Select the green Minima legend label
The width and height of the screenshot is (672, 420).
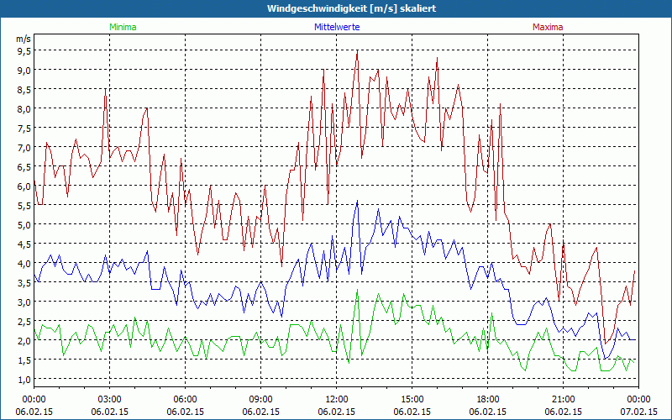[122, 27]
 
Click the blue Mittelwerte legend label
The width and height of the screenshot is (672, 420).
[337, 27]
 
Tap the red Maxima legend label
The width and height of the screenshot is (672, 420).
[548, 27]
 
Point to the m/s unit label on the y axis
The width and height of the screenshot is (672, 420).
[23, 38]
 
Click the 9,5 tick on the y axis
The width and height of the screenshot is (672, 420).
[24, 50]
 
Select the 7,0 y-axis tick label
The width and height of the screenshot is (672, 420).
[24, 147]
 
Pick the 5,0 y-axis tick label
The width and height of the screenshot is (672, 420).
[24, 224]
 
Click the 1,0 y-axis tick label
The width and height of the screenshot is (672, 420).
[24, 379]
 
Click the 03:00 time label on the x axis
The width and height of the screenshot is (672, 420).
[110, 398]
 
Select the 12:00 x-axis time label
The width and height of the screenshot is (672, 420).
[337, 398]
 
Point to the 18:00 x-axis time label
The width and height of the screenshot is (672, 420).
[488, 398]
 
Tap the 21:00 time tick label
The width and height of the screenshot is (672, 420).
[564, 398]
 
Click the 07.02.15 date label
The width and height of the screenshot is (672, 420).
[638, 412]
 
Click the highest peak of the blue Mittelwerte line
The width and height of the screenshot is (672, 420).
[357, 201]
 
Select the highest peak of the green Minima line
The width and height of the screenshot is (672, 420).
[358, 291]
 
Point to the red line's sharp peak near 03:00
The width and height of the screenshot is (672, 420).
[106, 88]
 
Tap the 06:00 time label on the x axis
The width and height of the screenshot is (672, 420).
[186, 398]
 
